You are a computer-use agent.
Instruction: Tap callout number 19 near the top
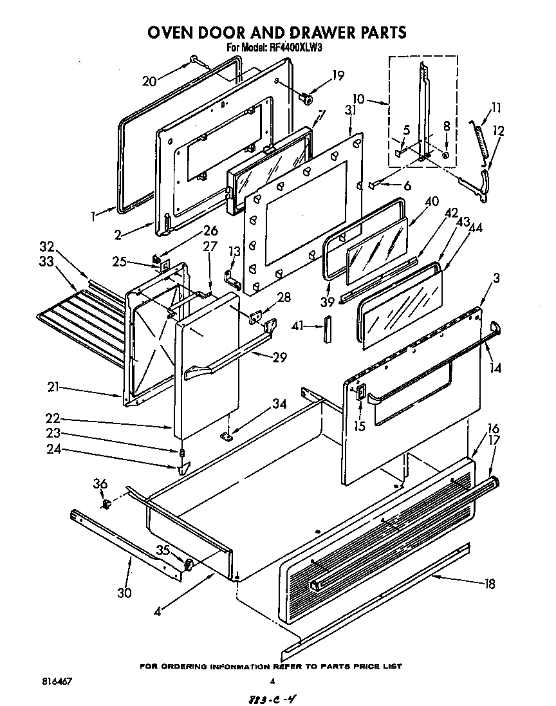(x=338, y=75)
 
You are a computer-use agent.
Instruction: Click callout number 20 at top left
(x=149, y=80)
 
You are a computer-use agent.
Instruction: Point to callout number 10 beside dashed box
(x=358, y=99)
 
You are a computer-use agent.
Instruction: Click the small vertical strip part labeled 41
(x=327, y=326)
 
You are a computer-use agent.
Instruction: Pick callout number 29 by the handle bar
(x=279, y=357)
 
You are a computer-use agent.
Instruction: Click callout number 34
(x=279, y=404)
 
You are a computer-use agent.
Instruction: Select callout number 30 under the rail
(x=124, y=593)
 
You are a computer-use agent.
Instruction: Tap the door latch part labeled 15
(x=360, y=395)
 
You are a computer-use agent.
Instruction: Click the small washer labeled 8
(x=446, y=155)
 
